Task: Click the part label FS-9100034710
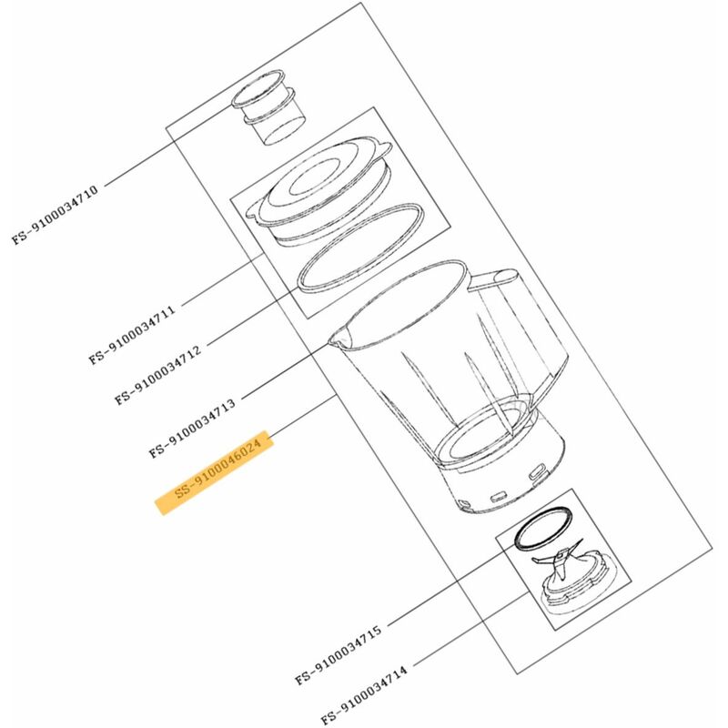55,215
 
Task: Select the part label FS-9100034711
132,334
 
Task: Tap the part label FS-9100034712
157,374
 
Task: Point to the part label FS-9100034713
192,427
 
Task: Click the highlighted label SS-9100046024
215,472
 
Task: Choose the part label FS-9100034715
339,654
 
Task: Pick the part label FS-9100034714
365,694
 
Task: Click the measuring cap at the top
268,107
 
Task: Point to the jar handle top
493,279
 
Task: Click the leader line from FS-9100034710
168,146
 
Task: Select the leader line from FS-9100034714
471,629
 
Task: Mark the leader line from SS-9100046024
303,416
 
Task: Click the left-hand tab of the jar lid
255,210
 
